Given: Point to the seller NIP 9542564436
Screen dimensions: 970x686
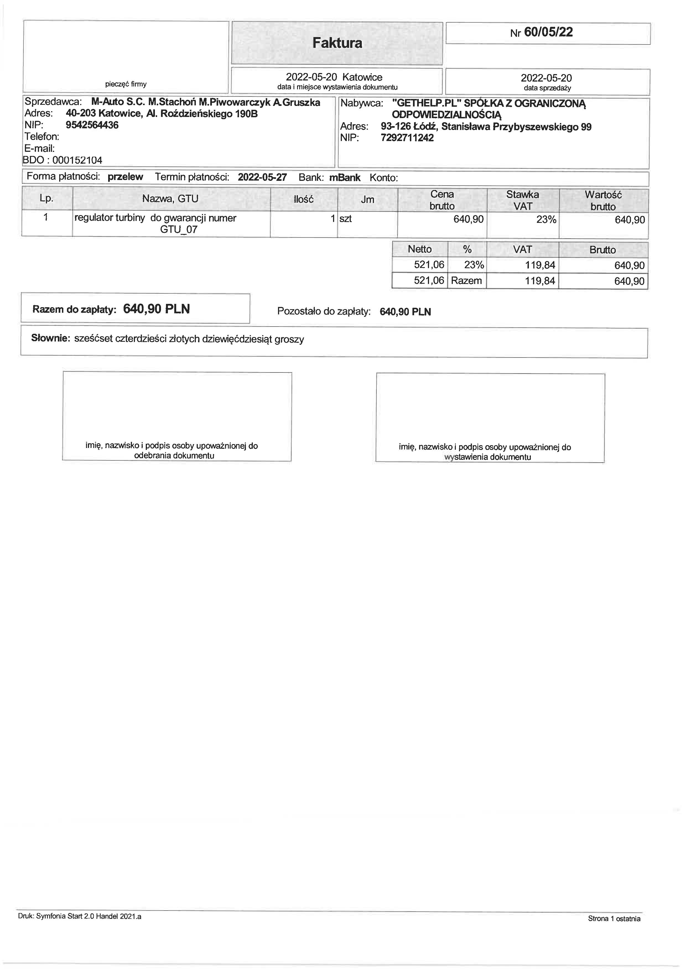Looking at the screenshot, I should [x=92, y=125].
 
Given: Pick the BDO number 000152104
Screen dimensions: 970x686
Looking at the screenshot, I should [x=77, y=160].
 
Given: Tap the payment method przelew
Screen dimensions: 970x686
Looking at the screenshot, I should [x=126, y=177].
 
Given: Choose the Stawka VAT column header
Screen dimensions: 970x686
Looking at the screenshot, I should [x=523, y=200].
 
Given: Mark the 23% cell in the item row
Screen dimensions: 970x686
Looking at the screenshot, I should [x=546, y=220].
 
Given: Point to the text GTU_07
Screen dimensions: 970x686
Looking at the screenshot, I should [x=179, y=230].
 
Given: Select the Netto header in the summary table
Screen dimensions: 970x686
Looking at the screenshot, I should [x=419, y=249].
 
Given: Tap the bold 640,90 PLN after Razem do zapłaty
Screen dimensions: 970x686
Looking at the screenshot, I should [x=156, y=309].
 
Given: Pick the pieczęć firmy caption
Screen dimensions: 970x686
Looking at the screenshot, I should [x=126, y=84].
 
